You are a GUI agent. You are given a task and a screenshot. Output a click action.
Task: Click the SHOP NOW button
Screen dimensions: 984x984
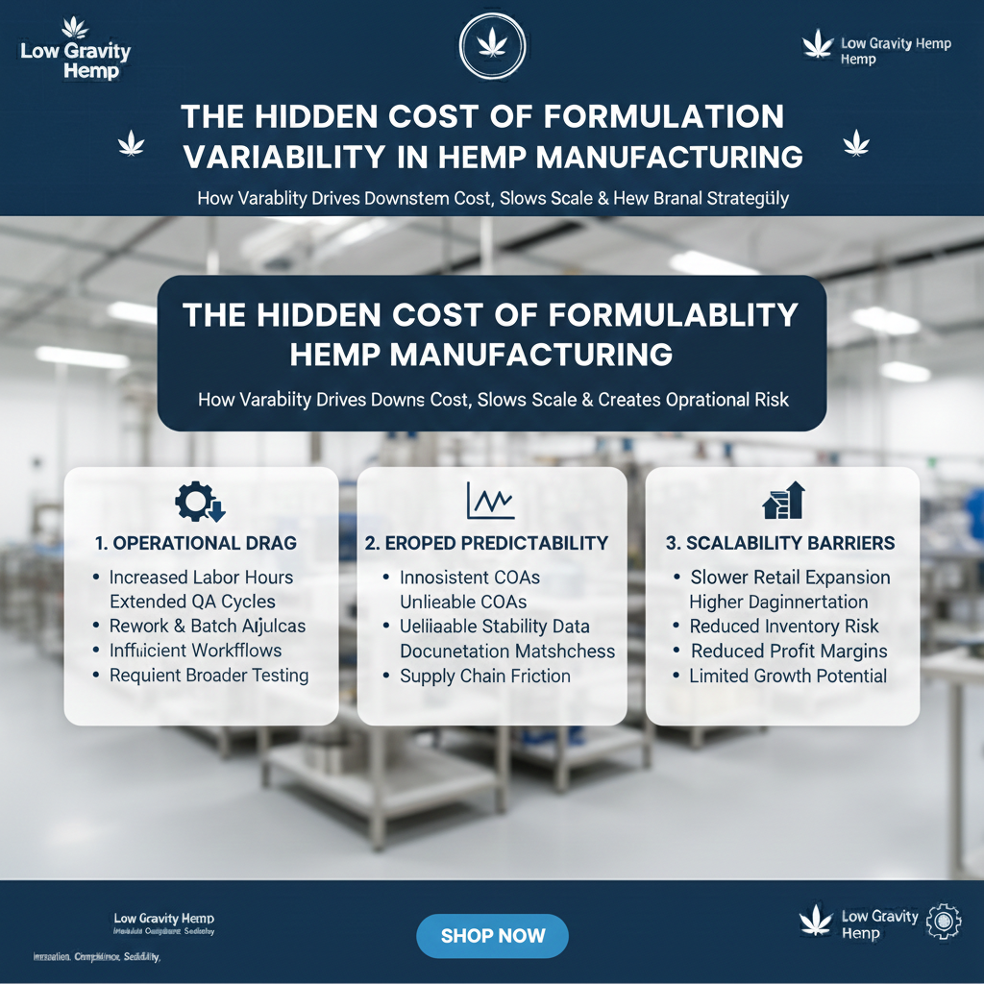tap(492, 936)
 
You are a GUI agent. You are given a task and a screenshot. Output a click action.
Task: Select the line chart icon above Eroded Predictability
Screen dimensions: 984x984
tap(490, 501)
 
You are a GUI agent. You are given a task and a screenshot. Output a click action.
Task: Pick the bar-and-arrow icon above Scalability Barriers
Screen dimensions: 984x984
tap(782, 501)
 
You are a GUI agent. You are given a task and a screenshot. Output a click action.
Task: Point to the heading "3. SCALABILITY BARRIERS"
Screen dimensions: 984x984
tap(780, 543)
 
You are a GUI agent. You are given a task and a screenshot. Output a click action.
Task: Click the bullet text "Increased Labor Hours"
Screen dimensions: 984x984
tap(201, 578)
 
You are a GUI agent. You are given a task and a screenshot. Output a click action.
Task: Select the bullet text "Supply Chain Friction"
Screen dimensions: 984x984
tap(485, 676)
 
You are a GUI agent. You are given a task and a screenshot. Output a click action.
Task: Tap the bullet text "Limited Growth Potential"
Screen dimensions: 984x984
tap(788, 676)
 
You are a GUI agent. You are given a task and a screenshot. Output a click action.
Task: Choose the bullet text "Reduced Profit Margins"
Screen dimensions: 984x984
tap(789, 651)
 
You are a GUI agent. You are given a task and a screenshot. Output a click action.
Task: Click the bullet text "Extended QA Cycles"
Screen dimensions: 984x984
tap(192, 602)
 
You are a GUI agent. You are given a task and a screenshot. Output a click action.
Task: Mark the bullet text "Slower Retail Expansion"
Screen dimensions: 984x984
tap(790, 578)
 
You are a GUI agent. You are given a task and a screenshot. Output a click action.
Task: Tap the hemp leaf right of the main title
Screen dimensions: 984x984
tap(855, 144)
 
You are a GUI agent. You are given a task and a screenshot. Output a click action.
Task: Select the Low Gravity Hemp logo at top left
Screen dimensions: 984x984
tap(75, 49)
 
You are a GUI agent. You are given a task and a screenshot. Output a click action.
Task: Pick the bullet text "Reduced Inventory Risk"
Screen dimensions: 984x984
tap(784, 627)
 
